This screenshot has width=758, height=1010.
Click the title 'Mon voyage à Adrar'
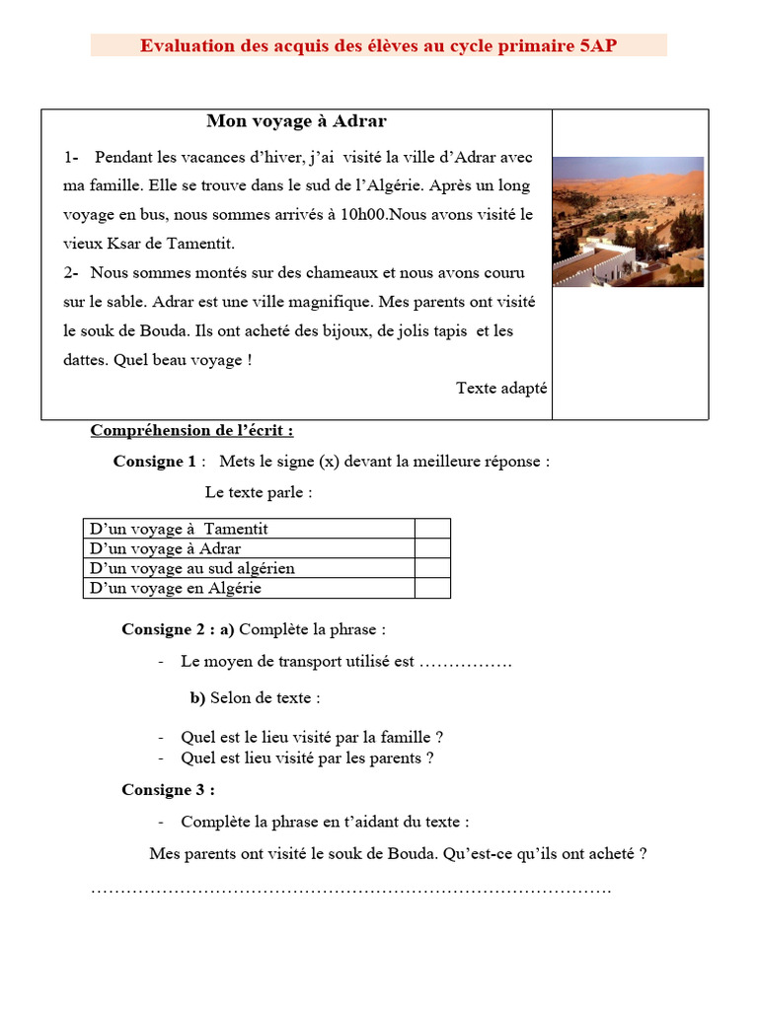coord(296,121)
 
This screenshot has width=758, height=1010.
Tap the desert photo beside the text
coord(628,221)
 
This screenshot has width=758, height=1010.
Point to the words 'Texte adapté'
coord(500,388)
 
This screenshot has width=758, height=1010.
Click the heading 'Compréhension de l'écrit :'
coord(191,430)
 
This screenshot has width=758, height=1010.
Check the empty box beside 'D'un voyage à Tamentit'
coord(432,529)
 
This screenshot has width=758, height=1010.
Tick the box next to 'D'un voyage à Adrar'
coord(432,548)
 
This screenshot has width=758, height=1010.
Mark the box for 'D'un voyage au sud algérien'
coord(432,568)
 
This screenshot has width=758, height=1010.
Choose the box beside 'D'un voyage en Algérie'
coord(432,588)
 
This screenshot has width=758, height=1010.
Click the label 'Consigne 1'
coord(155,461)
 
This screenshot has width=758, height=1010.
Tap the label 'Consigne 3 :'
coord(168,789)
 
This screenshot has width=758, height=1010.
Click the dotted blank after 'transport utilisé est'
coord(466,662)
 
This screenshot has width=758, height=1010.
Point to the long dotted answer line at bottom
coord(350,890)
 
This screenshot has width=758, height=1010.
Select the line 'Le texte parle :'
coord(259,492)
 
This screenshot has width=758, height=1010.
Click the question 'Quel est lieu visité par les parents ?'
coord(307,758)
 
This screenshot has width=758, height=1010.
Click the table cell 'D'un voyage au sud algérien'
coord(192,568)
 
